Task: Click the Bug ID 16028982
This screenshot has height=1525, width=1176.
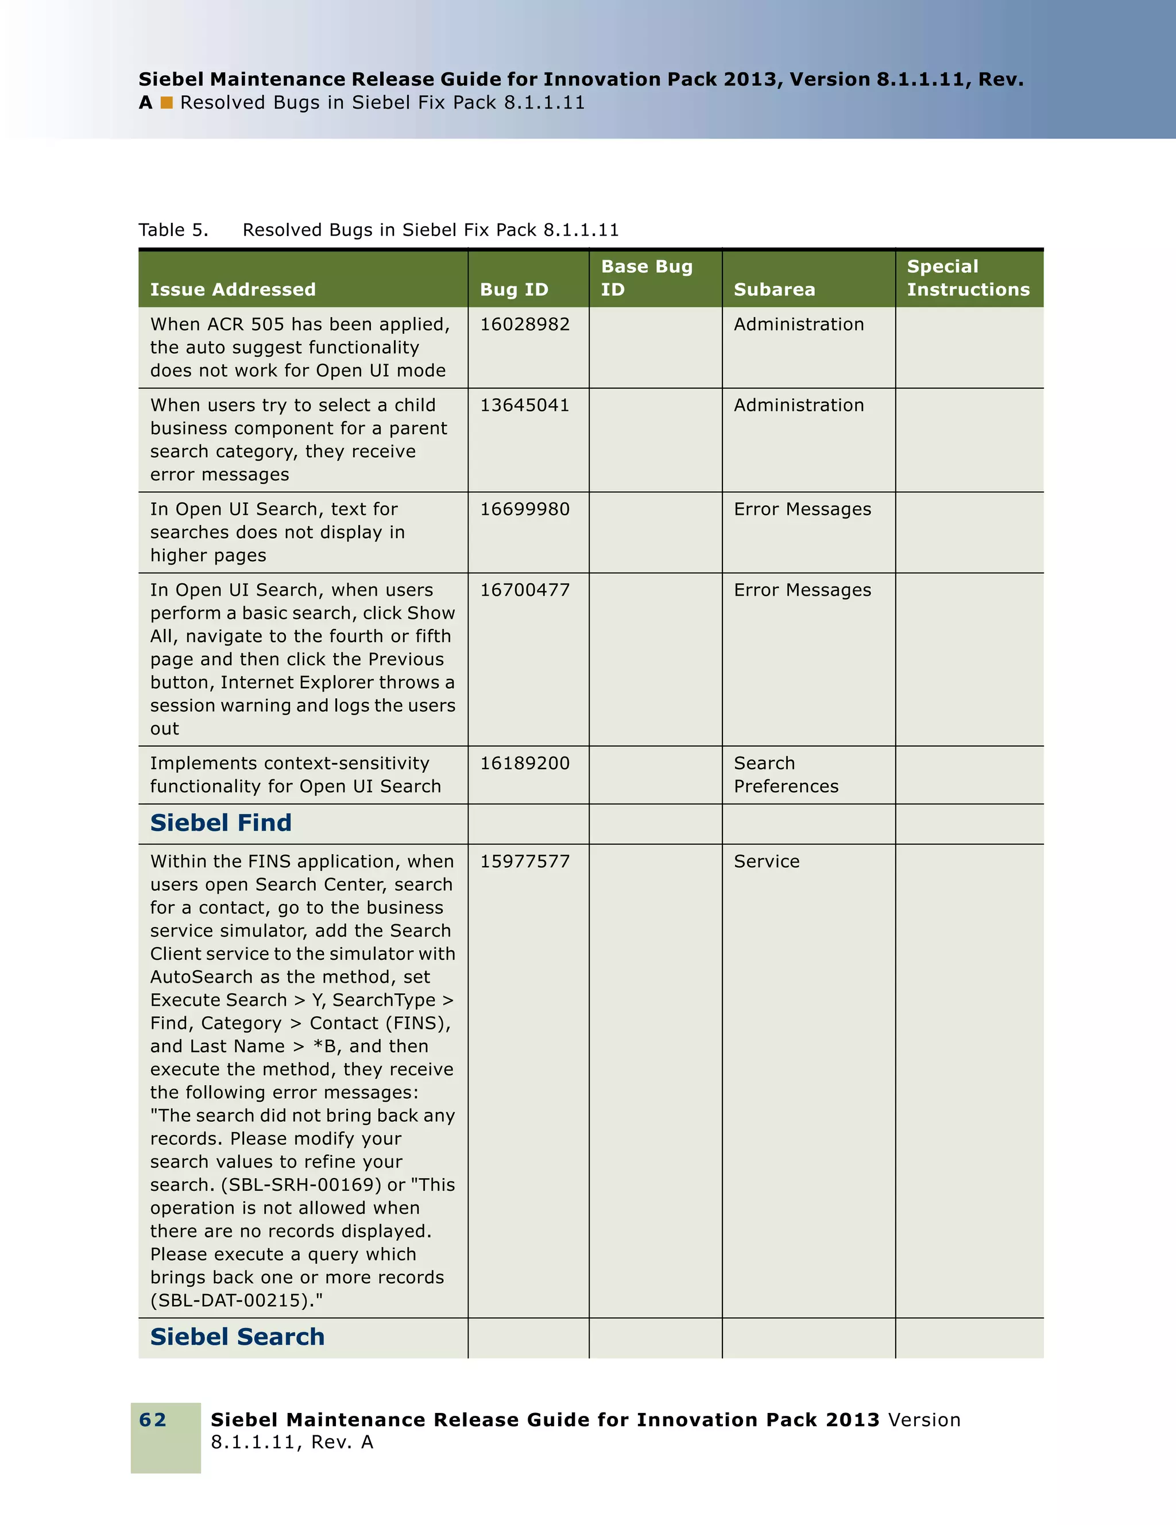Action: pyautogui.click(x=524, y=324)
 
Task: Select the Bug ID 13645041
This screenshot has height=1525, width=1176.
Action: pyautogui.click(x=524, y=405)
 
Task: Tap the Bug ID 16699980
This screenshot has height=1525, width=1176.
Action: pyautogui.click(x=524, y=509)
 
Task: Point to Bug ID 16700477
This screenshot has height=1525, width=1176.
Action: pyautogui.click(x=524, y=590)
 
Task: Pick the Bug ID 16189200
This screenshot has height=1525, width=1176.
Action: pyautogui.click(x=524, y=763)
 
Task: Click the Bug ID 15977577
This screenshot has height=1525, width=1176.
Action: pyautogui.click(x=524, y=861)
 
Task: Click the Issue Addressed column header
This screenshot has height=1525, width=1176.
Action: pyautogui.click(x=233, y=289)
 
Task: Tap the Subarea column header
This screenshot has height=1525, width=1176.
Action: pyautogui.click(x=774, y=289)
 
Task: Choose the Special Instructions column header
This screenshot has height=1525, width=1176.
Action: pyautogui.click(x=968, y=278)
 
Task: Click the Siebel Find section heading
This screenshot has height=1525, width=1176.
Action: pyautogui.click(x=220, y=823)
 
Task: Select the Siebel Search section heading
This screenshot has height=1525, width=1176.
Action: pyautogui.click(x=237, y=1337)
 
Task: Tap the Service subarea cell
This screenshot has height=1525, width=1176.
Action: pyautogui.click(x=767, y=861)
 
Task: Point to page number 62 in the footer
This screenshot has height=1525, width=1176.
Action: pyautogui.click(x=153, y=1419)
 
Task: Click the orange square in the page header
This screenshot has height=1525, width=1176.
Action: pyautogui.click(x=167, y=103)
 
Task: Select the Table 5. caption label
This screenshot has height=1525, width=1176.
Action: pyautogui.click(x=173, y=230)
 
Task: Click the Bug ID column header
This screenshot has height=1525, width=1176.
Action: pyautogui.click(x=514, y=289)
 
